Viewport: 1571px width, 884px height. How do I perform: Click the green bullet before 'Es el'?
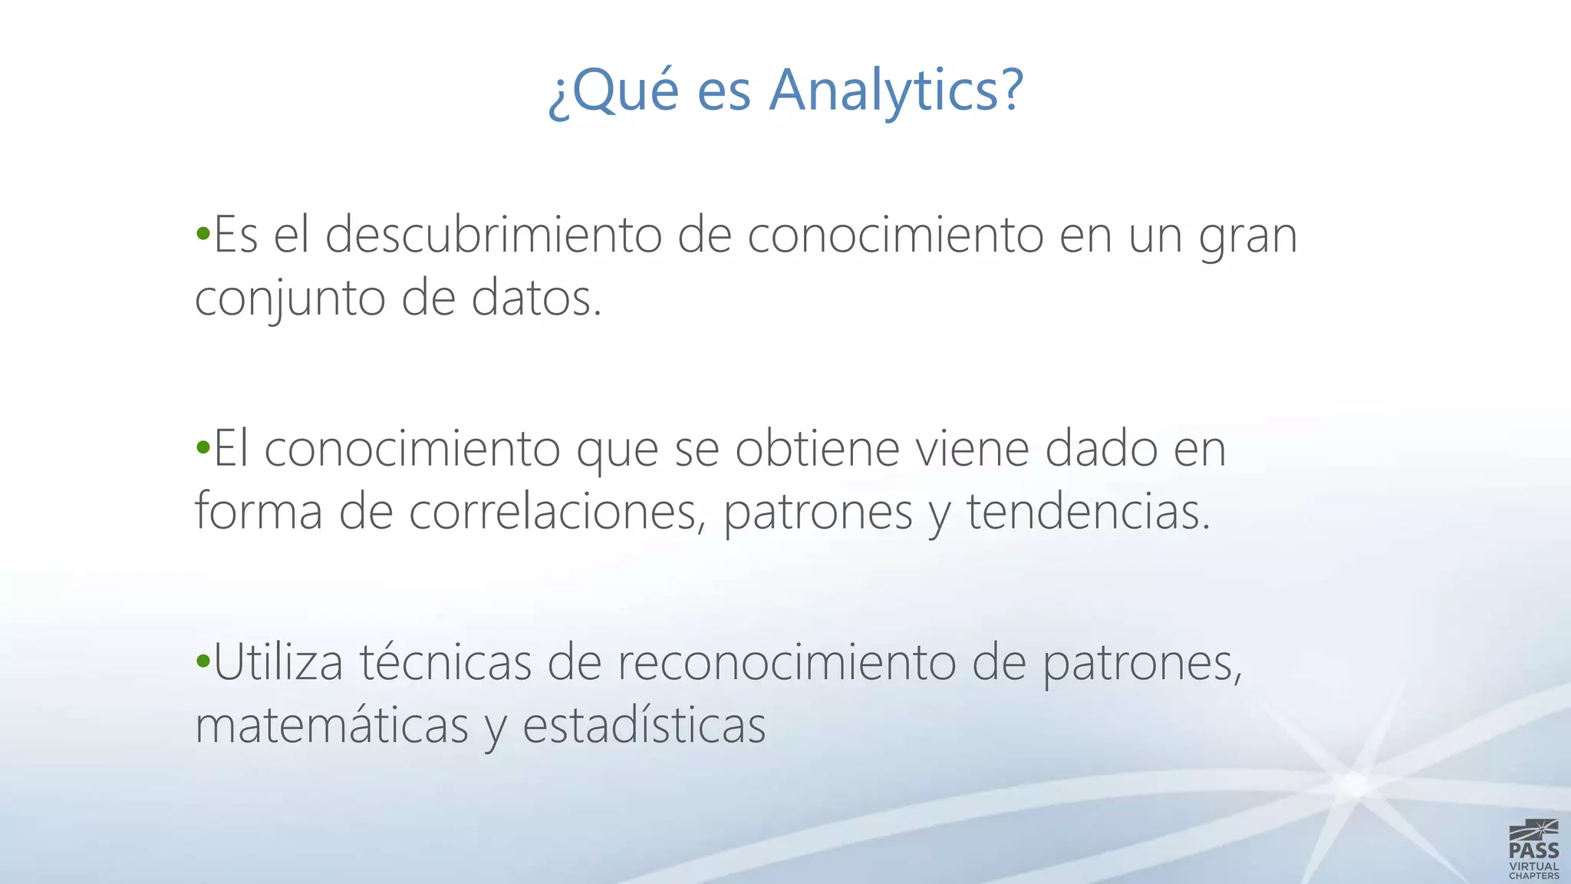(x=203, y=233)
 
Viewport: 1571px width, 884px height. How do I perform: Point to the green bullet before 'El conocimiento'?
(x=203, y=447)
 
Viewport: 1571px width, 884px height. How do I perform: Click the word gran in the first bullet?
(x=1248, y=236)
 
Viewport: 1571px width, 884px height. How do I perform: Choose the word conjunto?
(x=290, y=298)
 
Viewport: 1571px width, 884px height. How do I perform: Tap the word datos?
(x=536, y=298)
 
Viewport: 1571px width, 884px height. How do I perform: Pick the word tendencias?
(x=1087, y=511)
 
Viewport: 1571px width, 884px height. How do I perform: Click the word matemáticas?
(x=331, y=724)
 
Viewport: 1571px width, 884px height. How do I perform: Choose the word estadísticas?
(x=644, y=724)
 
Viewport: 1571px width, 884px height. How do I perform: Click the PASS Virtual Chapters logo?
(x=1533, y=849)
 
